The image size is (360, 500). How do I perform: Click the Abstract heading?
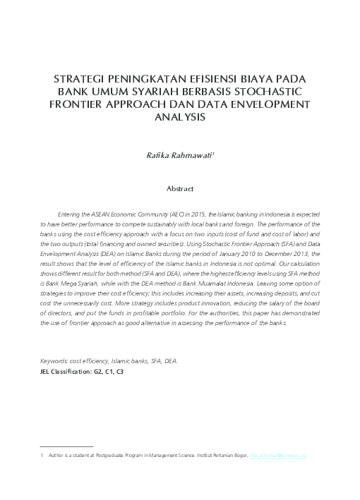point(179,189)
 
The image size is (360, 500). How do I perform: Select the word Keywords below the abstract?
point(54,360)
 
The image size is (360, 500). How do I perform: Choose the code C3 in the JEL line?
point(120,370)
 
